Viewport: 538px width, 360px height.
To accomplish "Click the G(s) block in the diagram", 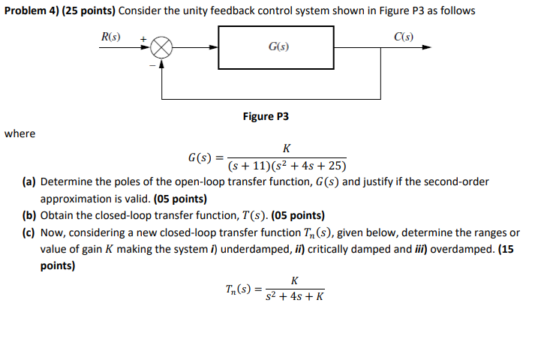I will point(277,46).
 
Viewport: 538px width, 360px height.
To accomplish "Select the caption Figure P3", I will point(266,117).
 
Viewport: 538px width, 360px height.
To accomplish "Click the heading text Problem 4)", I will point(29,11).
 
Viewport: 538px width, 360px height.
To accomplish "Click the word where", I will point(19,133).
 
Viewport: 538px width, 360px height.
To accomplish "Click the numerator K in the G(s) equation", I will point(287,148).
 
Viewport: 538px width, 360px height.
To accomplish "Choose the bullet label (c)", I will point(29,232).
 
